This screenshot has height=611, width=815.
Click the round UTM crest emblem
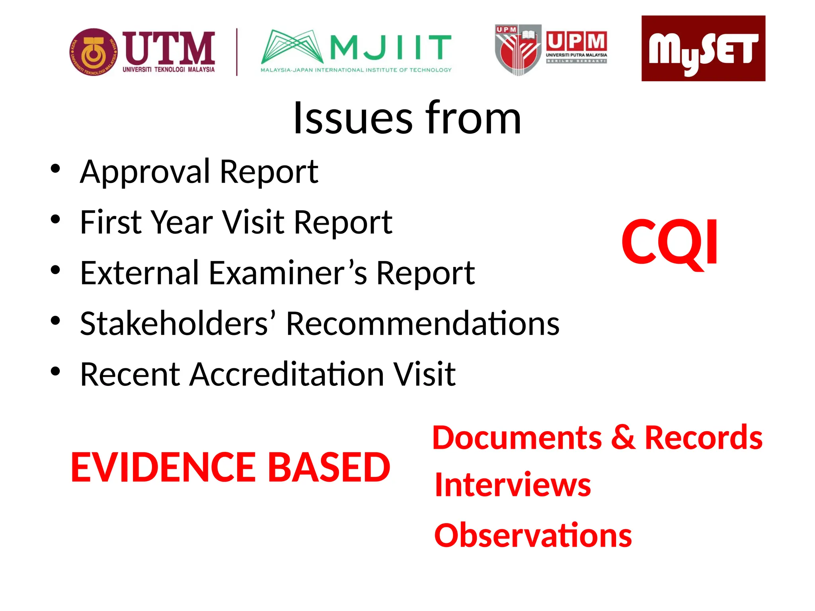coord(93,52)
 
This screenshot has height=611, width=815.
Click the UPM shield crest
coord(518,50)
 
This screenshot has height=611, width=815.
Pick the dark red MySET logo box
coord(703,49)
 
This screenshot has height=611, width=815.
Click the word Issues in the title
coord(353,118)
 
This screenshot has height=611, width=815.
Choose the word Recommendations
coord(423,323)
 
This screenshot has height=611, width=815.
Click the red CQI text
coord(670,242)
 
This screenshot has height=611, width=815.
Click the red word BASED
coord(329,467)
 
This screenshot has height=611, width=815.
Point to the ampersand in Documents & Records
coord(623,438)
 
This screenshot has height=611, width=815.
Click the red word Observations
coord(533,535)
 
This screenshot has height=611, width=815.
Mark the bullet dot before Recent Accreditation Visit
coord(55,372)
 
